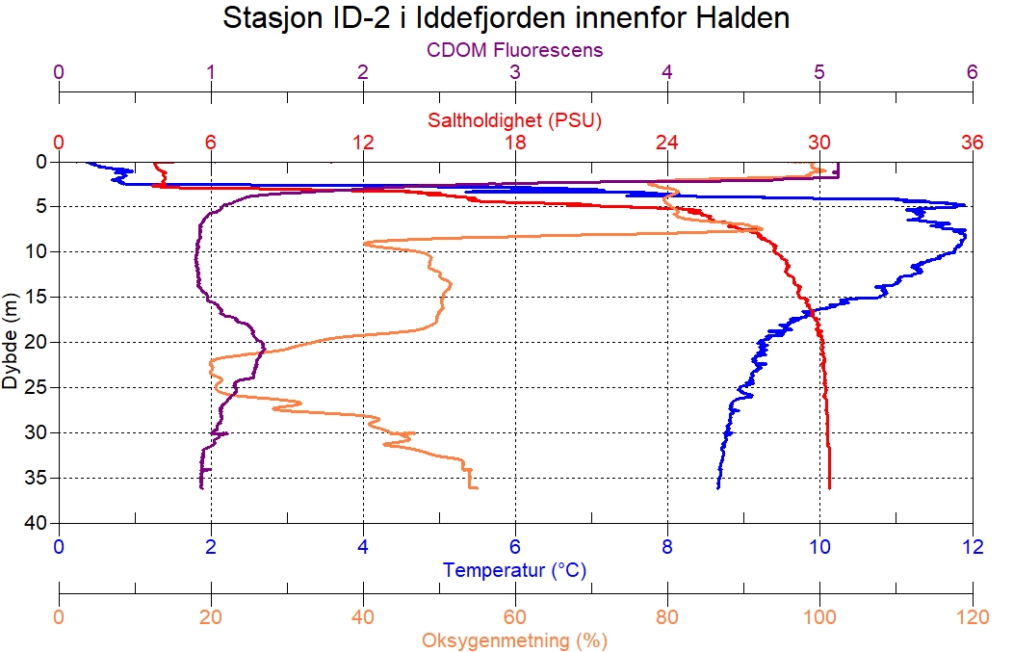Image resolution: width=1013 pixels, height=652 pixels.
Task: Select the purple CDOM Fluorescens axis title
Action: click(515, 49)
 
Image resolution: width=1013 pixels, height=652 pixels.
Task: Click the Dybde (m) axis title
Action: click(11, 342)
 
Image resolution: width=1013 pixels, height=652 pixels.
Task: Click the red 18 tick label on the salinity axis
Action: click(515, 143)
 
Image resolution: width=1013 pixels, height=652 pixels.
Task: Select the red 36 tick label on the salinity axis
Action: click(972, 143)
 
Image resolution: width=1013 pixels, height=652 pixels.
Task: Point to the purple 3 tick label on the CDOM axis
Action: click(515, 72)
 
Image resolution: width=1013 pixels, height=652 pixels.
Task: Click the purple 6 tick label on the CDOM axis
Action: click(972, 72)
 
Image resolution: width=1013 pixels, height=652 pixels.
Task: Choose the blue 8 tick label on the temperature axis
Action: click(667, 547)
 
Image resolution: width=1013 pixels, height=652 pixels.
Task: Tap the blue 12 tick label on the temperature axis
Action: click(972, 547)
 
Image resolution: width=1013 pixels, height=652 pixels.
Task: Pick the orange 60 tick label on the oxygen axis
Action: click(515, 616)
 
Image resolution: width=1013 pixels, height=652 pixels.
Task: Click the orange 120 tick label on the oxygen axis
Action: click(972, 616)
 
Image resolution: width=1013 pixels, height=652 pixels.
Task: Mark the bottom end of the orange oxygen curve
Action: click(477, 488)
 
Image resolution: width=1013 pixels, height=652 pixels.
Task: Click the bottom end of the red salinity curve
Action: click(829, 488)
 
